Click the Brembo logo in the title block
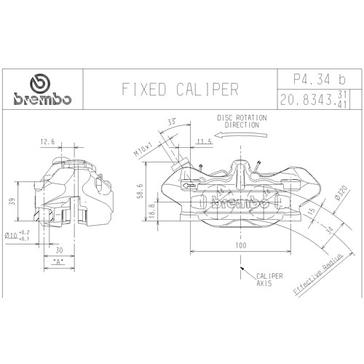click(42, 90)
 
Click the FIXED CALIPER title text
click(180, 89)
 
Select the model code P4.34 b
click(320, 79)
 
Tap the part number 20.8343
click(306, 100)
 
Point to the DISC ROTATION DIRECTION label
click(242, 122)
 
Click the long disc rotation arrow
click(241, 135)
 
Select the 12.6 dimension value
click(47, 141)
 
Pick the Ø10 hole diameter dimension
click(17, 235)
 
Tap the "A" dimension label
click(59, 262)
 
